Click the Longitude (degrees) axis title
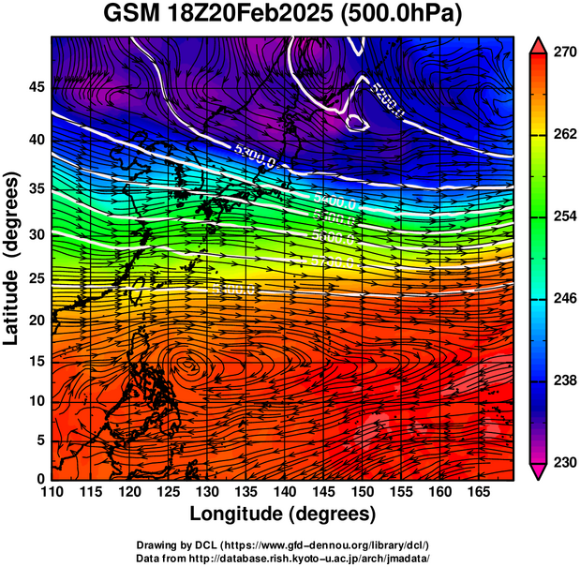(283, 514)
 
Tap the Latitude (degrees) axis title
(12, 257)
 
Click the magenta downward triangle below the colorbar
(539, 470)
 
